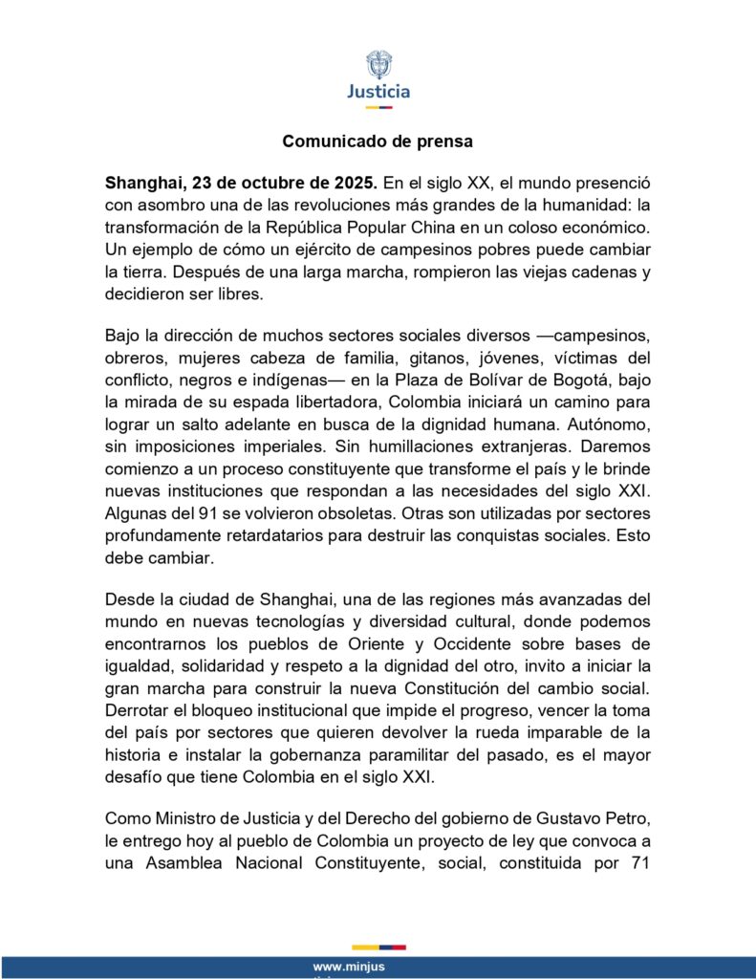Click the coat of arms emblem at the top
(x=378, y=65)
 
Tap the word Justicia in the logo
(x=378, y=93)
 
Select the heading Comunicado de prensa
(x=378, y=141)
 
